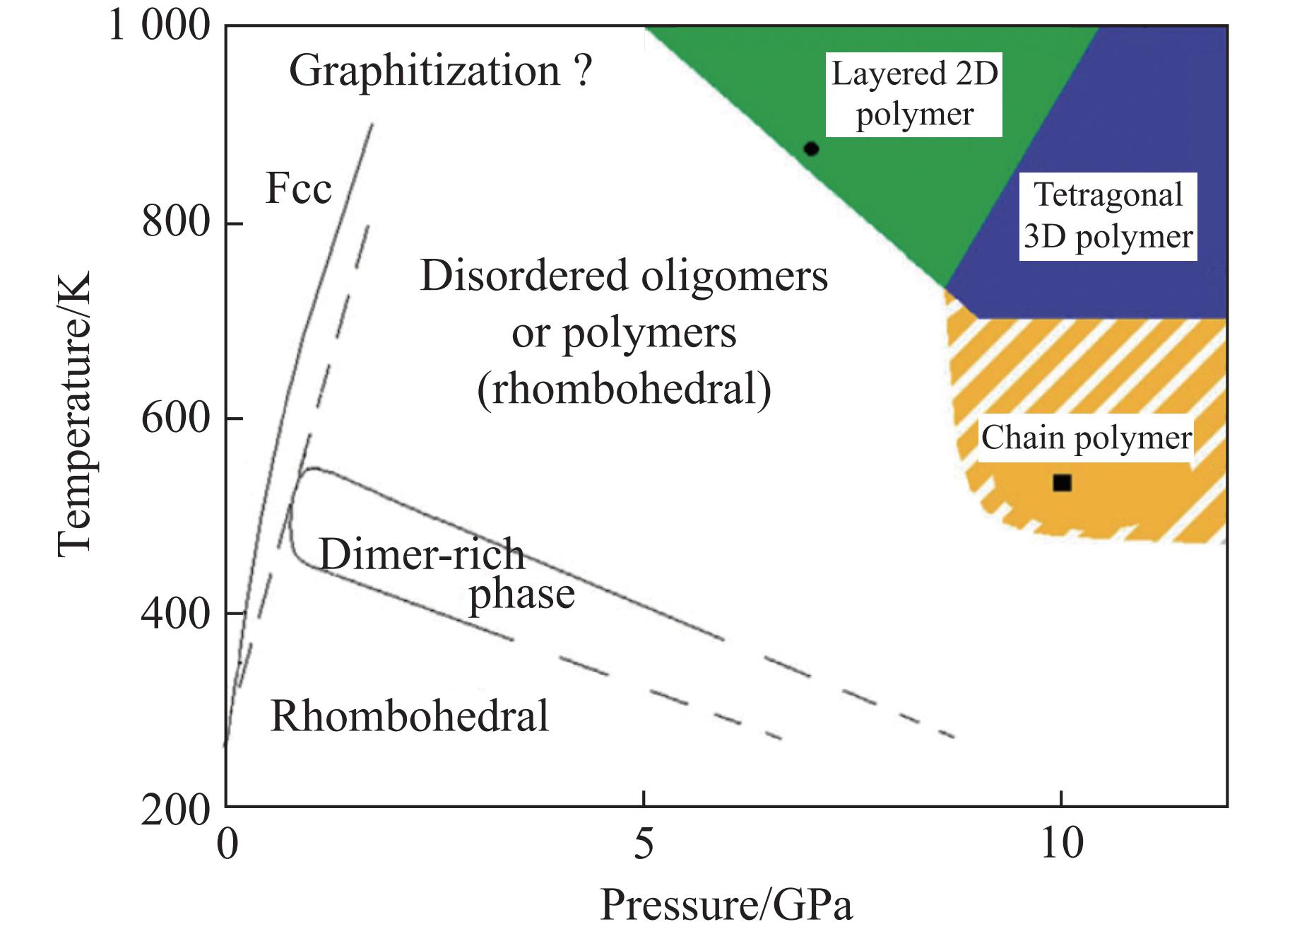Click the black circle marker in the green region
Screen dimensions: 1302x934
[811, 148]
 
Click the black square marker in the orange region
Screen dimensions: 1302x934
[1062, 483]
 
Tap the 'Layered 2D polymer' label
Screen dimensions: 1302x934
[914, 94]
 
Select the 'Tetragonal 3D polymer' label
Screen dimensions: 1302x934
[1108, 216]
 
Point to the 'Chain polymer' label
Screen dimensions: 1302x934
[1087, 438]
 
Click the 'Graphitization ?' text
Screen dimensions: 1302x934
[441, 71]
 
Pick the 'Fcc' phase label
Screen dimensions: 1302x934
[298, 189]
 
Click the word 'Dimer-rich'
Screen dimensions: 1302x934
[422, 554]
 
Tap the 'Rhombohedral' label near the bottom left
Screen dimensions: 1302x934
[410, 716]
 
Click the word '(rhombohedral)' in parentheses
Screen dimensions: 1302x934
[625, 389]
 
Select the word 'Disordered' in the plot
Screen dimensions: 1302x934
[524, 276]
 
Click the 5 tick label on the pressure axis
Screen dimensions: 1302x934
[643, 843]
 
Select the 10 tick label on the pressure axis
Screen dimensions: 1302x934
[1062, 843]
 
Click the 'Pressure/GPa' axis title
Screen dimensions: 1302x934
[726, 904]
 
